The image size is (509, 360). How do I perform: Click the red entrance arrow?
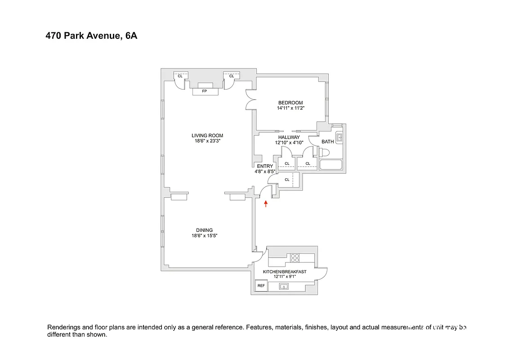[266, 204]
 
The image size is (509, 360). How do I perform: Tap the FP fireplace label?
[205, 91]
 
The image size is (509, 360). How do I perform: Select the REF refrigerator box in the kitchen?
[260, 285]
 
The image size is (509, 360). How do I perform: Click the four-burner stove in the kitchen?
[295, 258]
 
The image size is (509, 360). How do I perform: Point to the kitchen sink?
[284, 286]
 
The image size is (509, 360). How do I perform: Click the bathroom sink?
[339, 137]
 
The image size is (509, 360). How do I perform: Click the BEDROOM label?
[290, 103]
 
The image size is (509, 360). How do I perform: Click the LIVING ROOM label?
[207, 135]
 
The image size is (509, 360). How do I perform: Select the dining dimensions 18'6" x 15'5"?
[204, 235]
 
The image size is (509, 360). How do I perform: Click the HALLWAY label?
[289, 137]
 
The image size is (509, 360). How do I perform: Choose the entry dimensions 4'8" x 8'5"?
[265, 171]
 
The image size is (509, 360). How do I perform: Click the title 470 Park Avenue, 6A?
[91, 36]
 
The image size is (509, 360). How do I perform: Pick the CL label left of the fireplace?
[180, 76]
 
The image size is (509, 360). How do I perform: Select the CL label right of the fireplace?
[231, 76]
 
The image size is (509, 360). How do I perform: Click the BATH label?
[327, 142]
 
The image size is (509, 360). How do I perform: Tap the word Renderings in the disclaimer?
[63, 328]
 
